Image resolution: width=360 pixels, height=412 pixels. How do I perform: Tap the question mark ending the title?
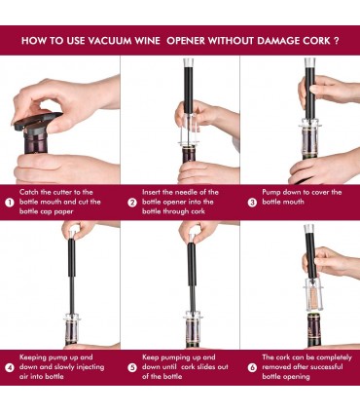337,41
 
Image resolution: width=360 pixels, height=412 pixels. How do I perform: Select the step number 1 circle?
10,203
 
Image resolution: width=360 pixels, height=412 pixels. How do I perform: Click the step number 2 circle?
132,203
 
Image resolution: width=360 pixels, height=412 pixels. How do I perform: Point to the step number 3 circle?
252,203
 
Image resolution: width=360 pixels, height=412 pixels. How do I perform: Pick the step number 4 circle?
10,367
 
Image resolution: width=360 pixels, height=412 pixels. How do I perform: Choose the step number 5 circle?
132,367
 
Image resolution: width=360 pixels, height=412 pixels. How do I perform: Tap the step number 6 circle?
252,367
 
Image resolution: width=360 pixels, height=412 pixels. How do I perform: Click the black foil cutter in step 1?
37,123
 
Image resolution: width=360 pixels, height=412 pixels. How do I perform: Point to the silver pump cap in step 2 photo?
189,62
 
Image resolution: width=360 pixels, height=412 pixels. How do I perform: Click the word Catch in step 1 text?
29,192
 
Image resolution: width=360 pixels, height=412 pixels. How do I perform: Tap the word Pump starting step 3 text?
271,192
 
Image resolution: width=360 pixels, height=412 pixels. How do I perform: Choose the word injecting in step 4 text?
90,367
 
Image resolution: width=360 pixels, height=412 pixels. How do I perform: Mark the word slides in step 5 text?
205,367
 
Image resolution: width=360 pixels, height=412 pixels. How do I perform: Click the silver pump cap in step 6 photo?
309,229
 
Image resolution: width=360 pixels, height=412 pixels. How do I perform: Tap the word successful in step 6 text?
325,367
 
